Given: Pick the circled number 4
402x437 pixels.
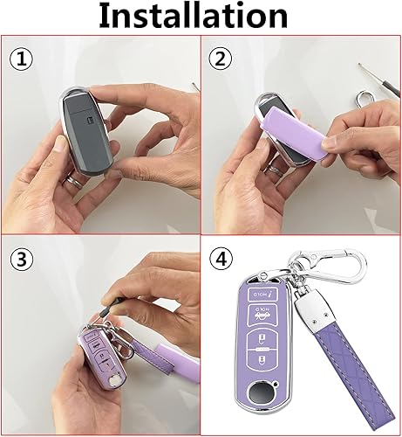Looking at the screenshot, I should (x=221, y=260).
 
